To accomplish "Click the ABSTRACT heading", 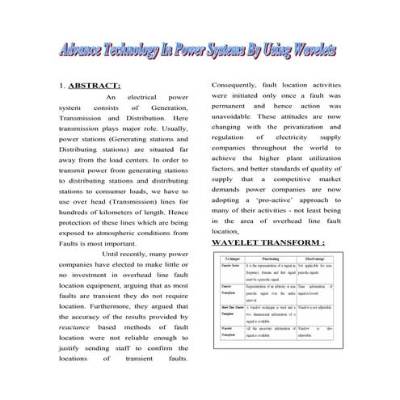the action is [95, 86].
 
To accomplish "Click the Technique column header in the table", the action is [229, 257].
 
